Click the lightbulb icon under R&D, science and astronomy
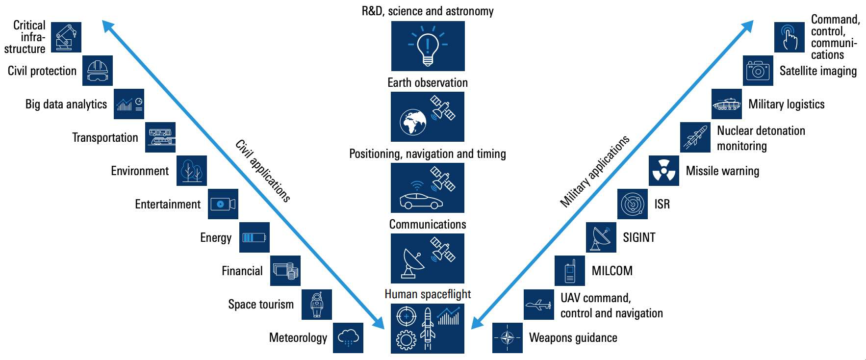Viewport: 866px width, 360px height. [428, 46]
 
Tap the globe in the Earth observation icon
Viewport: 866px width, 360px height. [413, 122]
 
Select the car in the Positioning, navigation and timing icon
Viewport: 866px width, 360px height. [421, 201]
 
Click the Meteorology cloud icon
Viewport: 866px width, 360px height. [348, 338]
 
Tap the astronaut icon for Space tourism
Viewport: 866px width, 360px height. [317, 305]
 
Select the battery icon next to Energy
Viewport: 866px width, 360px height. [254, 238]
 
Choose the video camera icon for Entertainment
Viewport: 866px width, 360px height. [223, 204]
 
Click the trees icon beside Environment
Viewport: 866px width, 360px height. [191, 171]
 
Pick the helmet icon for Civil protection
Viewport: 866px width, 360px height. [97, 71]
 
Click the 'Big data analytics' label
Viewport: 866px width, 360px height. [66, 104]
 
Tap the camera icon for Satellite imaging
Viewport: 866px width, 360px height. [758, 71]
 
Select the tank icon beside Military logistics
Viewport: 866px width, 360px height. [726, 104]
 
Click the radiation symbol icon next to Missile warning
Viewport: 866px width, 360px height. [663, 171]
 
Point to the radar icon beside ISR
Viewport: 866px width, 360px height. [632, 204]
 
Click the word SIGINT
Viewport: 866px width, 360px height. [639, 237]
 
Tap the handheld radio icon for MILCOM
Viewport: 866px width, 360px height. [569, 271]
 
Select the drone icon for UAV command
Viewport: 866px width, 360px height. [538, 305]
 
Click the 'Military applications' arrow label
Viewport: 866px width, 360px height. [594, 171]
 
